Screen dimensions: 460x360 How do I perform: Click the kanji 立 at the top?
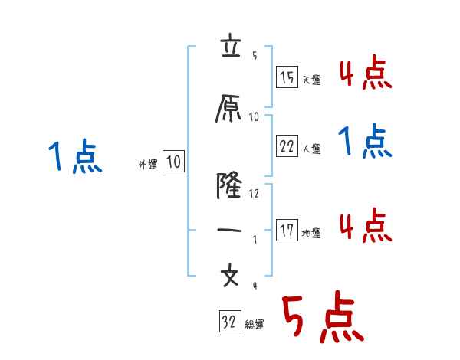230,47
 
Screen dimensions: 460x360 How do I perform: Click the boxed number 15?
287,77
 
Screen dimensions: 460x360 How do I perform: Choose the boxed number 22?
287,147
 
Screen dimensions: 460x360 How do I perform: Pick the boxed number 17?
287,231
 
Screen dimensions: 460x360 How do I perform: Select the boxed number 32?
229,322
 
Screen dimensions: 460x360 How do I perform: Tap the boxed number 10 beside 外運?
173,162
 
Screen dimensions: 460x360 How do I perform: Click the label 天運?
311,80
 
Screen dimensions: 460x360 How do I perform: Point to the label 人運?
311,149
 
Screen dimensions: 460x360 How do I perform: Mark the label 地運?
311,233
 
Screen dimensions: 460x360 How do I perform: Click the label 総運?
254,325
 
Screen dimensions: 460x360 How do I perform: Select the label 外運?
147,164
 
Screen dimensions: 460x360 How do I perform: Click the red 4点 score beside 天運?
366,74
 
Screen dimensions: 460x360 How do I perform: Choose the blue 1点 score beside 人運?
366,142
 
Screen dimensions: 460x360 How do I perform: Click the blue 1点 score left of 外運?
75,158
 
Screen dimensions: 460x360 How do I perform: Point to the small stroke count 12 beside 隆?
255,194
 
